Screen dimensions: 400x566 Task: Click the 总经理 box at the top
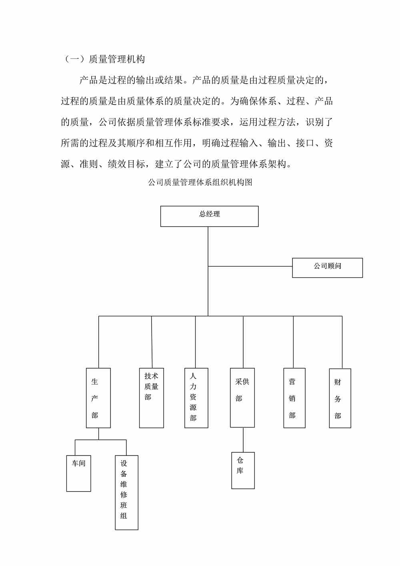(209, 216)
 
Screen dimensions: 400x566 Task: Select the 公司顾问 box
(327, 267)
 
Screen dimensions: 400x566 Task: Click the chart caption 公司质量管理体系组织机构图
(200, 182)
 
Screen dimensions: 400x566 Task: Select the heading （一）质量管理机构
(104, 59)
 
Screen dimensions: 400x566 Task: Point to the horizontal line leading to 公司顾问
(250, 266)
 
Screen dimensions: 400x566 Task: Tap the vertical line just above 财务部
(342, 342)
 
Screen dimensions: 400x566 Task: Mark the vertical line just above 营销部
(293, 342)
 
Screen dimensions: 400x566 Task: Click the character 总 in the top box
(202, 214)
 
